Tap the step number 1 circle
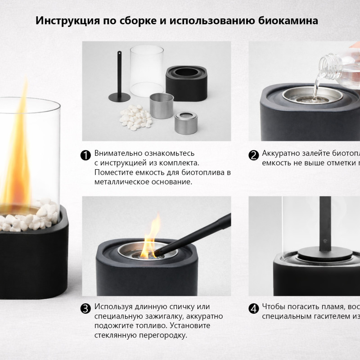coord(85,155)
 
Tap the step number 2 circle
coord(254,155)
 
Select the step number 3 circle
coord(85,309)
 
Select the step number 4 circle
coord(254,309)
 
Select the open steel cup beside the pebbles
coord(162,105)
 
